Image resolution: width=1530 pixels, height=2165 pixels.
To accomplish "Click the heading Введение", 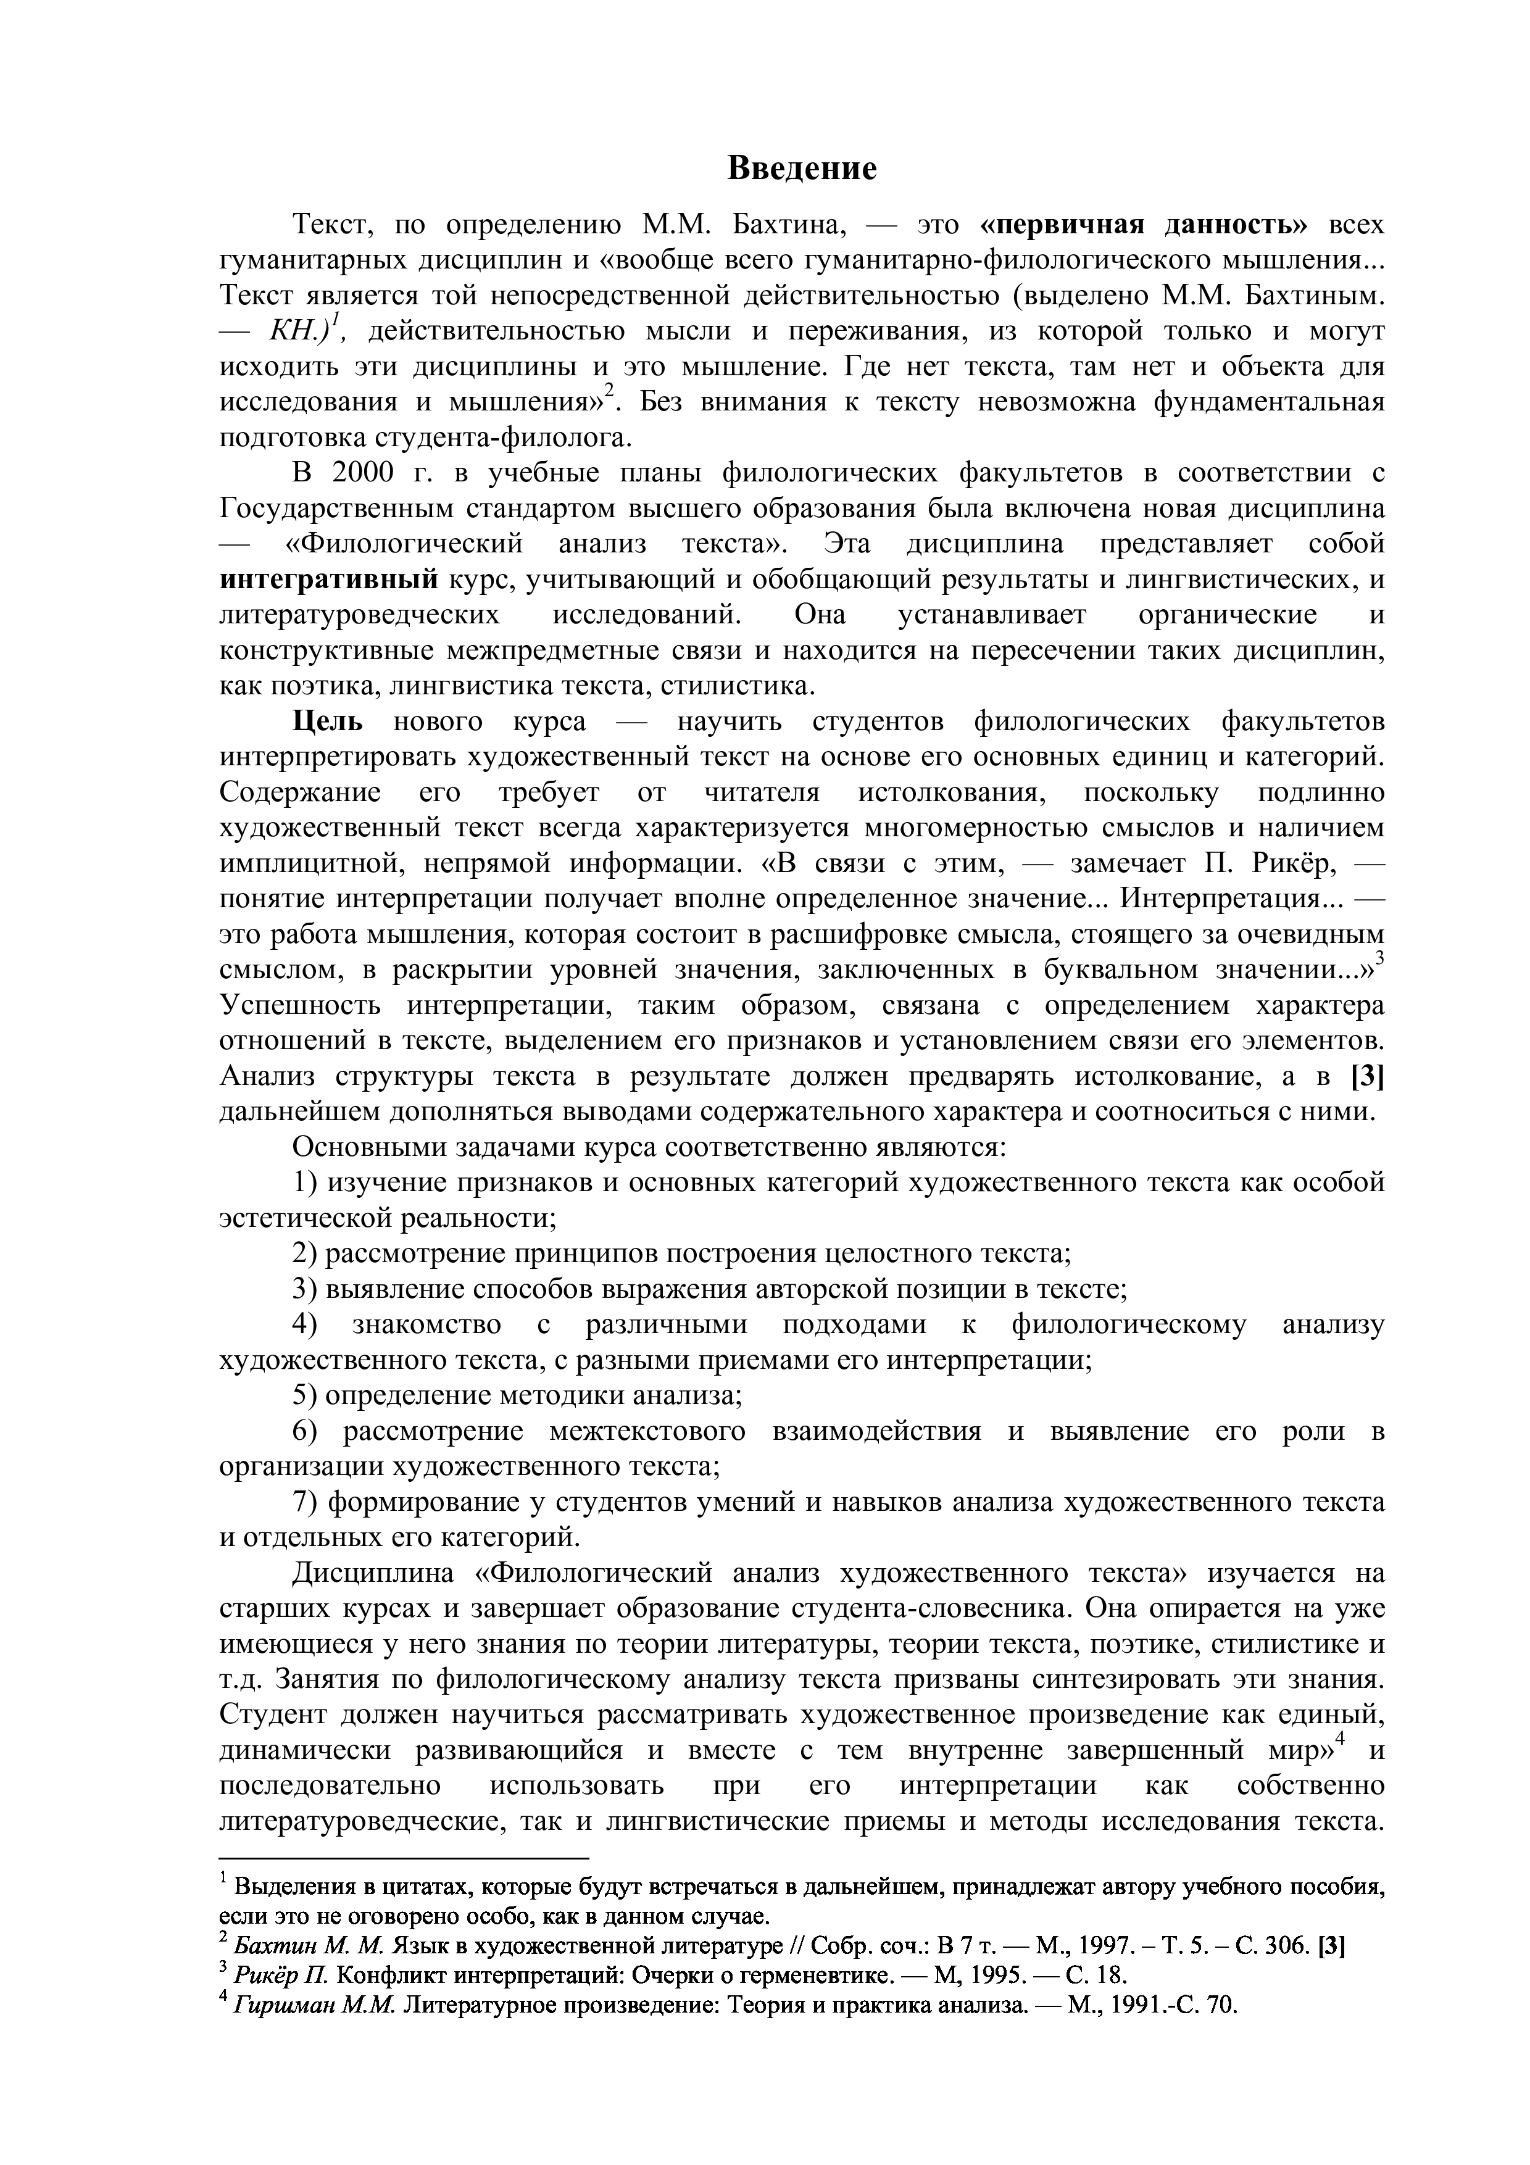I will point(802,168).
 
